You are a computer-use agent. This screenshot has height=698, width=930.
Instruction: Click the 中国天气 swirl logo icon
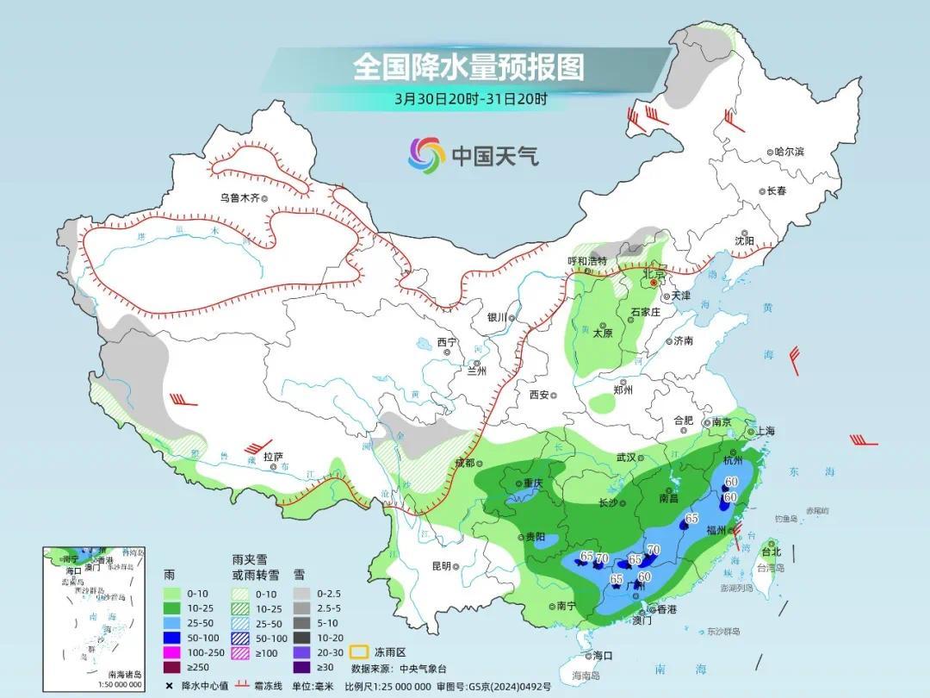pyautogui.click(x=426, y=154)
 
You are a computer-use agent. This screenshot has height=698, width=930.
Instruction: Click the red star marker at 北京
pyautogui.click(x=654, y=282)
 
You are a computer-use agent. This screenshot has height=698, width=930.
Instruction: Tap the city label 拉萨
pyautogui.click(x=273, y=457)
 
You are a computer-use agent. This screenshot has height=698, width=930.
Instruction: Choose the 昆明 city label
pyautogui.click(x=440, y=566)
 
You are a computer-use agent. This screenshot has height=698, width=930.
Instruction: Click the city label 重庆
pyautogui.click(x=530, y=483)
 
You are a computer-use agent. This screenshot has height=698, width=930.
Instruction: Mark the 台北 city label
pyautogui.click(x=772, y=552)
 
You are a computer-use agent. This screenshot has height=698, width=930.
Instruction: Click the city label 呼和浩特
pyautogui.click(x=586, y=260)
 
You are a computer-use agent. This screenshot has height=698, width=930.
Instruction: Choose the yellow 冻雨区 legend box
pyautogui.click(x=362, y=653)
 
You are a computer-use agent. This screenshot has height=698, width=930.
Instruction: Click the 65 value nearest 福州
pyautogui.click(x=691, y=518)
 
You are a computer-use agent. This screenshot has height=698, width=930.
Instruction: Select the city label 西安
pyautogui.click(x=539, y=395)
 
